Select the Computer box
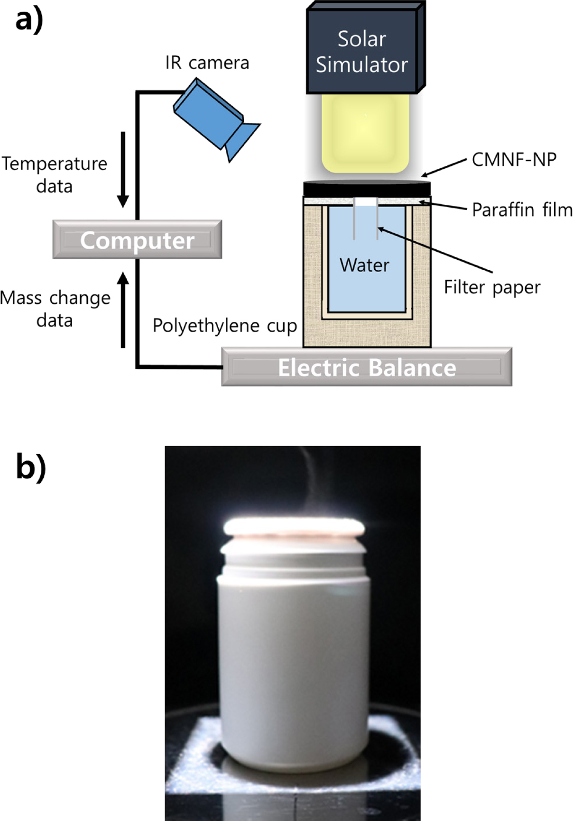(x=137, y=240)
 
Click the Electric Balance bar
(x=367, y=367)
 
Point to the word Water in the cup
(x=364, y=265)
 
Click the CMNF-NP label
(x=514, y=160)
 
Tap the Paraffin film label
(x=522, y=210)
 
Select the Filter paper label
(x=492, y=287)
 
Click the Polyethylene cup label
(x=224, y=326)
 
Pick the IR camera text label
(x=207, y=63)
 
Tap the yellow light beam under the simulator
(x=365, y=133)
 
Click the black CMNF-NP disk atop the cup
(x=367, y=188)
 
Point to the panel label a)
(x=29, y=20)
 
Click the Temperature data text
(x=55, y=174)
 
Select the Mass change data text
(x=55, y=309)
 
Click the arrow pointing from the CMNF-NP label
(x=444, y=168)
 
